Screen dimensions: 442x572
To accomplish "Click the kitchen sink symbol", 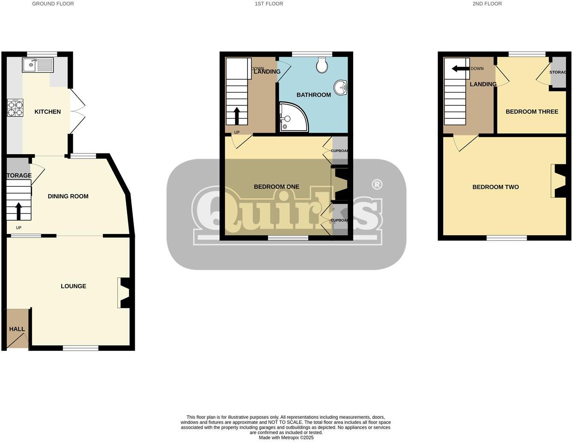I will coord(38,65).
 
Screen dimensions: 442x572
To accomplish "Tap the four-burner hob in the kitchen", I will coord(15,108).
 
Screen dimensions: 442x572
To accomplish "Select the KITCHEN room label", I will coord(48,112).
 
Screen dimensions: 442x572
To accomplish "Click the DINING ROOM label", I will coord(68,196).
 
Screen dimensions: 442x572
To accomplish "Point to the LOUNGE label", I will coord(73,286).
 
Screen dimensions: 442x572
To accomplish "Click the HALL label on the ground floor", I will coord(17,329).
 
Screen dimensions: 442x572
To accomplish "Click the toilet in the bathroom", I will coord(322,65).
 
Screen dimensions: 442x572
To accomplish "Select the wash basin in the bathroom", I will coord(341,87).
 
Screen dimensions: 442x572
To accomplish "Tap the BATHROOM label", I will coord(313,95).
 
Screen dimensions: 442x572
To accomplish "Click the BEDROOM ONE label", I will coord(276,187).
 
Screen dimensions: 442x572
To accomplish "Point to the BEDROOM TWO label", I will coord(495,187).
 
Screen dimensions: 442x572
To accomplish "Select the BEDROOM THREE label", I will coord(532,112).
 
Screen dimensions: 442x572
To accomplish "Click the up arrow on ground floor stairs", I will coord(19,211).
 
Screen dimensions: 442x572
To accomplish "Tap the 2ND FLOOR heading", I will coord(487,3).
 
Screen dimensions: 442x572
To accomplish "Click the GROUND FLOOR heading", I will coord(53,3).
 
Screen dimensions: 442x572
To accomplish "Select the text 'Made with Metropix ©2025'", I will coord(286,438).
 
